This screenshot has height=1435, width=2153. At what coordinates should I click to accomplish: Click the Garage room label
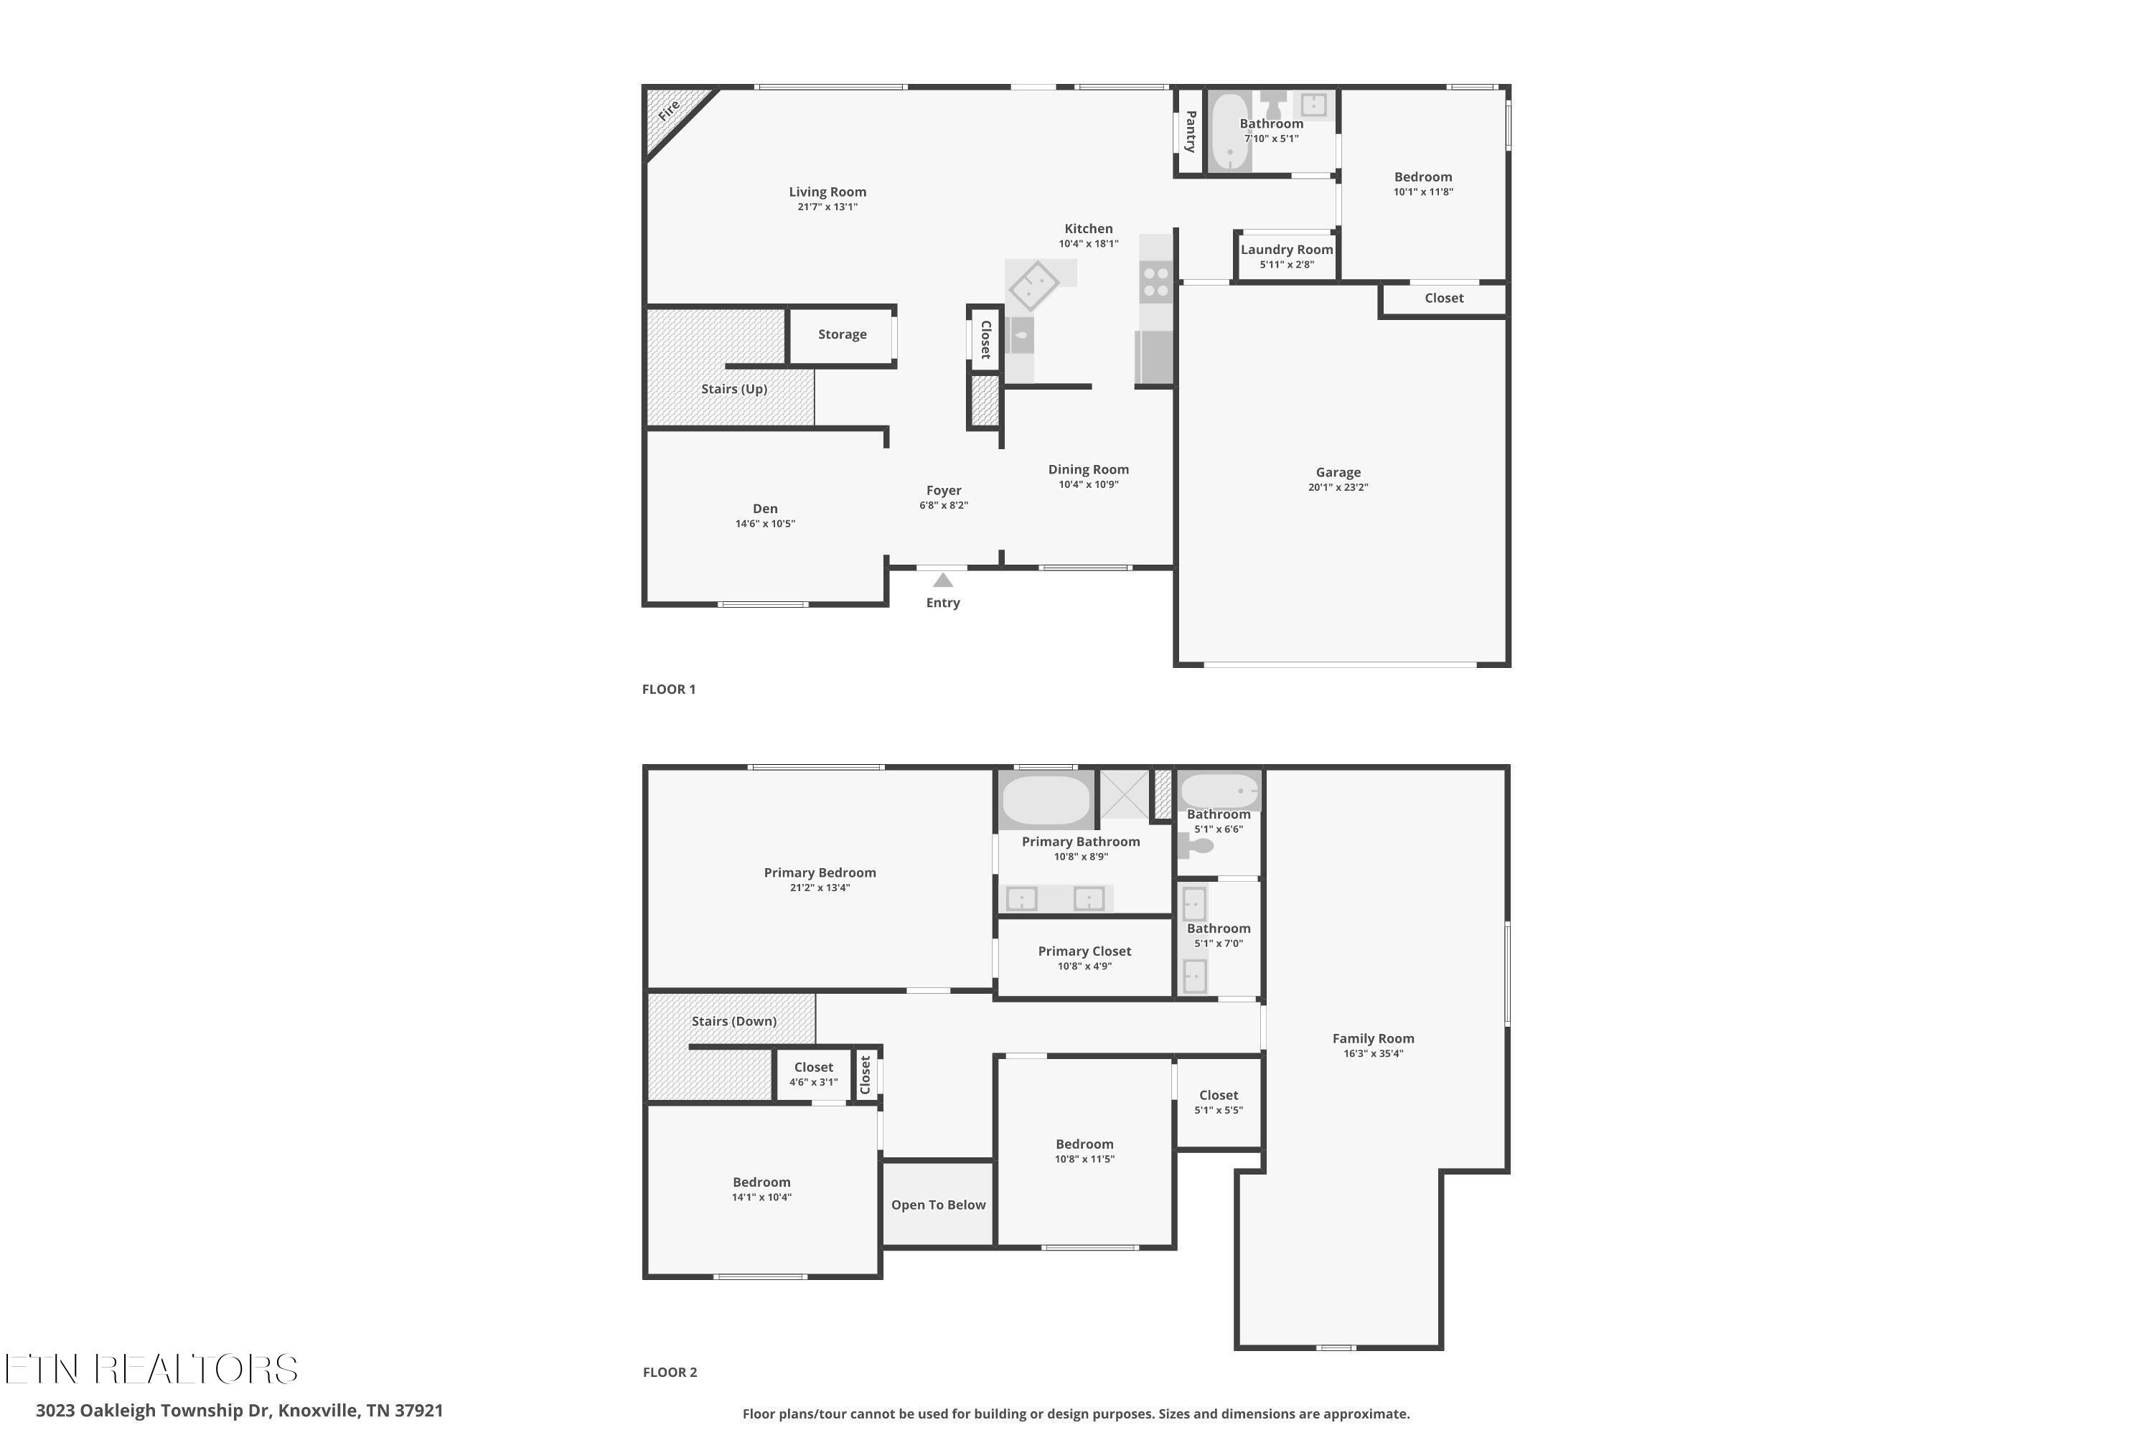pyautogui.click(x=1338, y=472)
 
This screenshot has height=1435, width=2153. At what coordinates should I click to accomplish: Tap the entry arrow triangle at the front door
pyautogui.click(x=943, y=580)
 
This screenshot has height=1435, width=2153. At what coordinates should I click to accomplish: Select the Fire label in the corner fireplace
pyautogui.click(x=669, y=110)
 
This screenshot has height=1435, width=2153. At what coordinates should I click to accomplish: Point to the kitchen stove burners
pyautogui.click(x=1156, y=282)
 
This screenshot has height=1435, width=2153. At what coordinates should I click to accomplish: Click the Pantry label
pyautogui.click(x=1190, y=131)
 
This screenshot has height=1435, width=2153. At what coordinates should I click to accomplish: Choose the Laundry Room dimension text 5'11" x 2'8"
pyautogui.click(x=1286, y=265)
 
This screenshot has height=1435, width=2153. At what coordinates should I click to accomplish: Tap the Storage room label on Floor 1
pyautogui.click(x=842, y=334)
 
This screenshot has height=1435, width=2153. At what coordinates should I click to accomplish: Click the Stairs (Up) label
pyautogui.click(x=734, y=389)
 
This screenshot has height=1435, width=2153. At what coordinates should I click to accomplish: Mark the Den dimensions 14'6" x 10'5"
pyautogui.click(x=765, y=524)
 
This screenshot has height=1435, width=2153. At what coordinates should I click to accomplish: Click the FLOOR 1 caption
pyautogui.click(x=668, y=689)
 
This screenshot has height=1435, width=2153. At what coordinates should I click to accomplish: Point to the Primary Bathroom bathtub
pyautogui.click(x=1046, y=800)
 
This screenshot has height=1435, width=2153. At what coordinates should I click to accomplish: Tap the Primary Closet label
pyautogui.click(x=1084, y=951)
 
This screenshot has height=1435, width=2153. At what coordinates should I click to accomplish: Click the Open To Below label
pyautogui.click(x=938, y=1205)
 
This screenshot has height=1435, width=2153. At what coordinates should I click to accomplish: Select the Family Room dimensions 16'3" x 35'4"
pyautogui.click(x=1373, y=1053)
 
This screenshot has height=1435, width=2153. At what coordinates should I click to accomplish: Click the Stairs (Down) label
pyautogui.click(x=734, y=1020)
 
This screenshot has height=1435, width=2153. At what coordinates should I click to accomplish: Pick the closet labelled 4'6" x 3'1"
pyautogui.click(x=814, y=1073)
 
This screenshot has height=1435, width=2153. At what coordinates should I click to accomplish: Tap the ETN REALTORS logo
pyautogui.click(x=151, y=1369)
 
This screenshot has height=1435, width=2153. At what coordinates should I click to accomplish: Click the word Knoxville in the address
pyautogui.click(x=318, y=1411)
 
